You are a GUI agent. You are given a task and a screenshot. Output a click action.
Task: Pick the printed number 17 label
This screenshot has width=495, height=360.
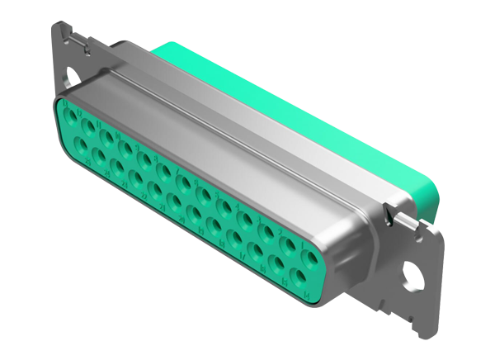click(x=243, y=257)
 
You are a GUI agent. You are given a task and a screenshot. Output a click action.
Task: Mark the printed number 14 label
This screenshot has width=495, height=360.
click(x=306, y=296)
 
